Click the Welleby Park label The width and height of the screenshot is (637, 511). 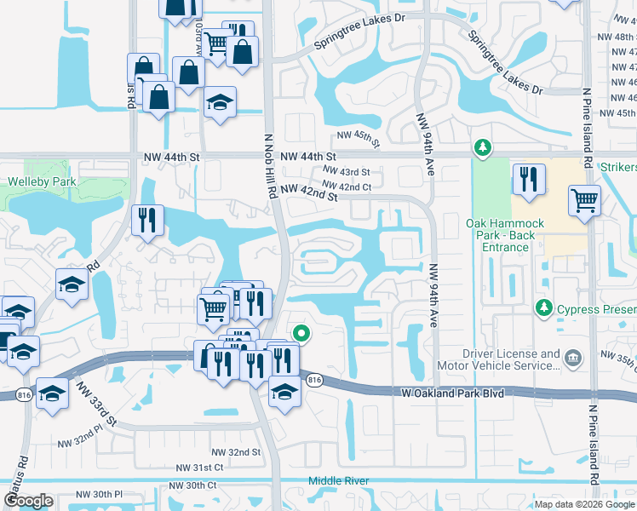pyautogui.click(x=42, y=181)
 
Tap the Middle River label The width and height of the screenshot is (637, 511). pyautogui.click(x=339, y=481)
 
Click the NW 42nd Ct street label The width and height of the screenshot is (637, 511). pyautogui.click(x=347, y=187)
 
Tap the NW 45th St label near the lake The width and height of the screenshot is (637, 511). pyautogui.click(x=357, y=135)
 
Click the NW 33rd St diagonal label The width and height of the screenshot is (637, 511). pyautogui.click(x=95, y=404)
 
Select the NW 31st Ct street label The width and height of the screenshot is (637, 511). pyautogui.click(x=199, y=468)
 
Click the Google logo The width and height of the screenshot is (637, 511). pyautogui.click(x=28, y=501)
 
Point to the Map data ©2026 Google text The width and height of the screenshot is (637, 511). pyautogui.click(x=584, y=504)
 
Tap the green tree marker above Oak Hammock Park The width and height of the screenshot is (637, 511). pyautogui.click(x=483, y=149)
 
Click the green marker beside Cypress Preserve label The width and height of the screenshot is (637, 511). pyautogui.click(x=542, y=306)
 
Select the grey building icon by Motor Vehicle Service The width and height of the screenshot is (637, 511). pyautogui.click(x=572, y=358)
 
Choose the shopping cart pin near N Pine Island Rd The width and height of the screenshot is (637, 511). pyautogui.click(x=584, y=203)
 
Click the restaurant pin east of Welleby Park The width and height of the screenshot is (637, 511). pyautogui.click(x=147, y=221)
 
